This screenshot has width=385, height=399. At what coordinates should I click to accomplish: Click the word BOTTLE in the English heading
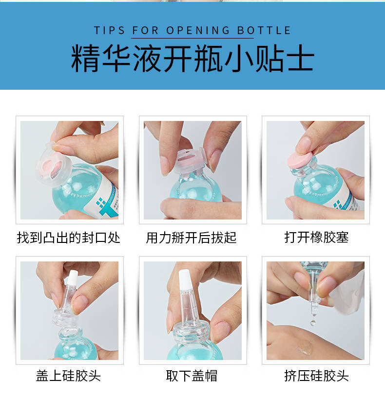[x=264, y=31]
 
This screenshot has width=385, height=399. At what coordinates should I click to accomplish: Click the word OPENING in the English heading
[x=198, y=31]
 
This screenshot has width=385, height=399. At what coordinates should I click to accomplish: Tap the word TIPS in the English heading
[x=109, y=31]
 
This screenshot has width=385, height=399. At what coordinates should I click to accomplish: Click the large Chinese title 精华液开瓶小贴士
[x=192, y=59]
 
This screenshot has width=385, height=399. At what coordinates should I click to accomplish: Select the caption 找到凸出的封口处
[x=69, y=238]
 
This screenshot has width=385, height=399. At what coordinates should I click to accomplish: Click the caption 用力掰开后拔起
[x=191, y=238]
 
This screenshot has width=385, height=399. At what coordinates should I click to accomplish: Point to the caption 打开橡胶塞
[x=316, y=238]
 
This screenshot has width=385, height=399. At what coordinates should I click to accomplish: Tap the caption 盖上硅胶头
[x=68, y=376]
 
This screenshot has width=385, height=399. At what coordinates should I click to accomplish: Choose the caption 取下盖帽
[x=192, y=376]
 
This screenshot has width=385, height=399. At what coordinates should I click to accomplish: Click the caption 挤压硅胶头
[x=316, y=376]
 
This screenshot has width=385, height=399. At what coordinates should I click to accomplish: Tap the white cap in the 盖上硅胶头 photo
[x=73, y=278]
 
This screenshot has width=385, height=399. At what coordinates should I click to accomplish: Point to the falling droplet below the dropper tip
[x=312, y=323]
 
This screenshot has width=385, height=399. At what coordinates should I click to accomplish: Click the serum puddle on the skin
[x=304, y=347]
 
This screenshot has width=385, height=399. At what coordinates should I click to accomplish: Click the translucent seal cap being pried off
[x=190, y=161]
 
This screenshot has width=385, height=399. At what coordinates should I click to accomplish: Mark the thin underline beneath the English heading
[x=192, y=38]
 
